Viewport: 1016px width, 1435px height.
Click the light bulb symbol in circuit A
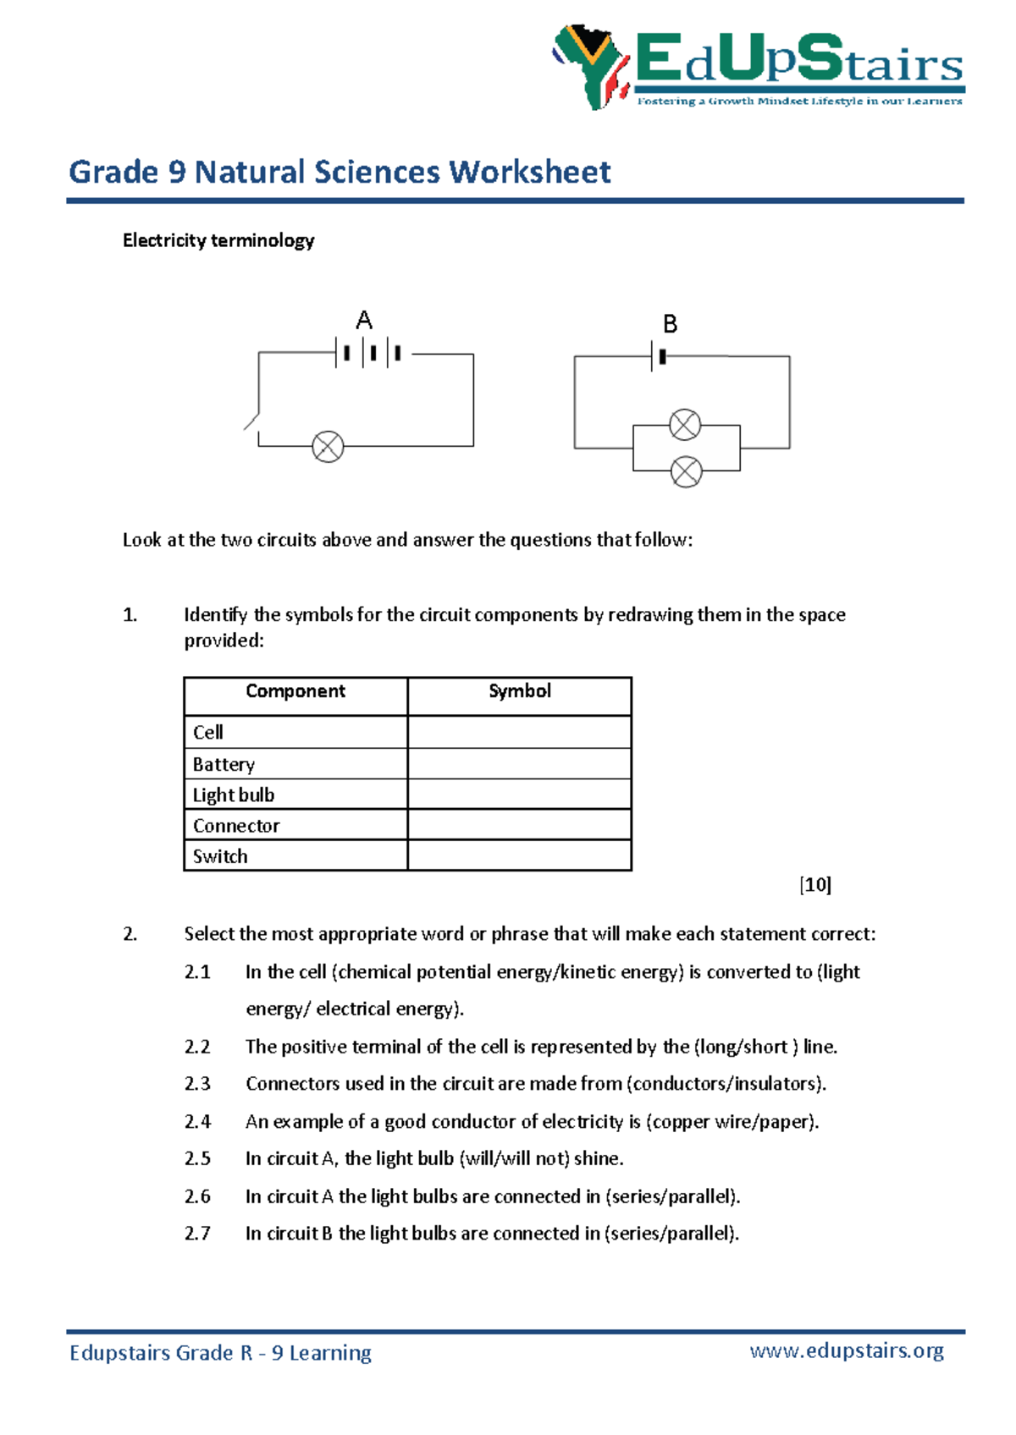pyautogui.click(x=328, y=446)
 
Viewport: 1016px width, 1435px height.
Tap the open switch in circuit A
pyautogui.click(x=251, y=421)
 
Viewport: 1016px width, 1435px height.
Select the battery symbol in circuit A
pyautogui.click(x=369, y=353)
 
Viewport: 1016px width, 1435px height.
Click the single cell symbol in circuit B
pyautogui.click(x=658, y=356)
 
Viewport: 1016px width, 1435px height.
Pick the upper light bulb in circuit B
pyautogui.click(x=685, y=424)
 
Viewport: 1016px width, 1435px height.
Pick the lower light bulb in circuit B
pyautogui.click(x=686, y=471)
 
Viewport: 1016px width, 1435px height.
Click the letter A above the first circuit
pyautogui.click(x=364, y=321)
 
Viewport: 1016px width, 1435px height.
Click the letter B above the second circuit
pyautogui.click(x=670, y=324)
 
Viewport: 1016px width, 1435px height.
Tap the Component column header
pyautogui.click(x=295, y=691)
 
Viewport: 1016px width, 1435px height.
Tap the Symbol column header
pyautogui.click(x=519, y=691)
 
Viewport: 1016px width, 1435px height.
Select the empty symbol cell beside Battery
pyautogui.click(x=519, y=764)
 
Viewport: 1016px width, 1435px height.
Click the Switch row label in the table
pyautogui.click(x=220, y=856)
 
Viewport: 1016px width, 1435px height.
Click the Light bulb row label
pyautogui.click(x=234, y=794)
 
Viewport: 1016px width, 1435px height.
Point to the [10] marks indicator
pyautogui.click(x=814, y=885)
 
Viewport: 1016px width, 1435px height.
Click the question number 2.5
pyautogui.click(x=197, y=1158)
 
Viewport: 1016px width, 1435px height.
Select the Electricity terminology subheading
pyautogui.click(x=218, y=240)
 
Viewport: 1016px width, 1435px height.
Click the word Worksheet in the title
pyautogui.click(x=530, y=172)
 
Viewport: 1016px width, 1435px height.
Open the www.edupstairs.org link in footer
pyautogui.click(x=847, y=1350)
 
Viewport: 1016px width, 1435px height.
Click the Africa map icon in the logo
pyautogui.click(x=590, y=66)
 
